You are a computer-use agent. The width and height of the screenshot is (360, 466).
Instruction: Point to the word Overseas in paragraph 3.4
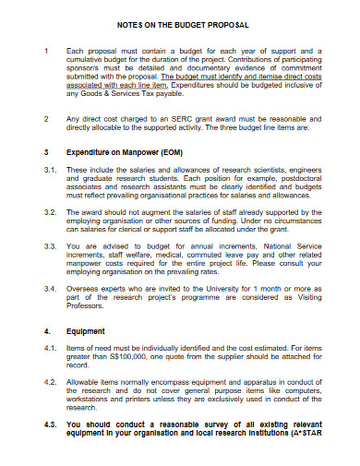click(84, 290)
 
